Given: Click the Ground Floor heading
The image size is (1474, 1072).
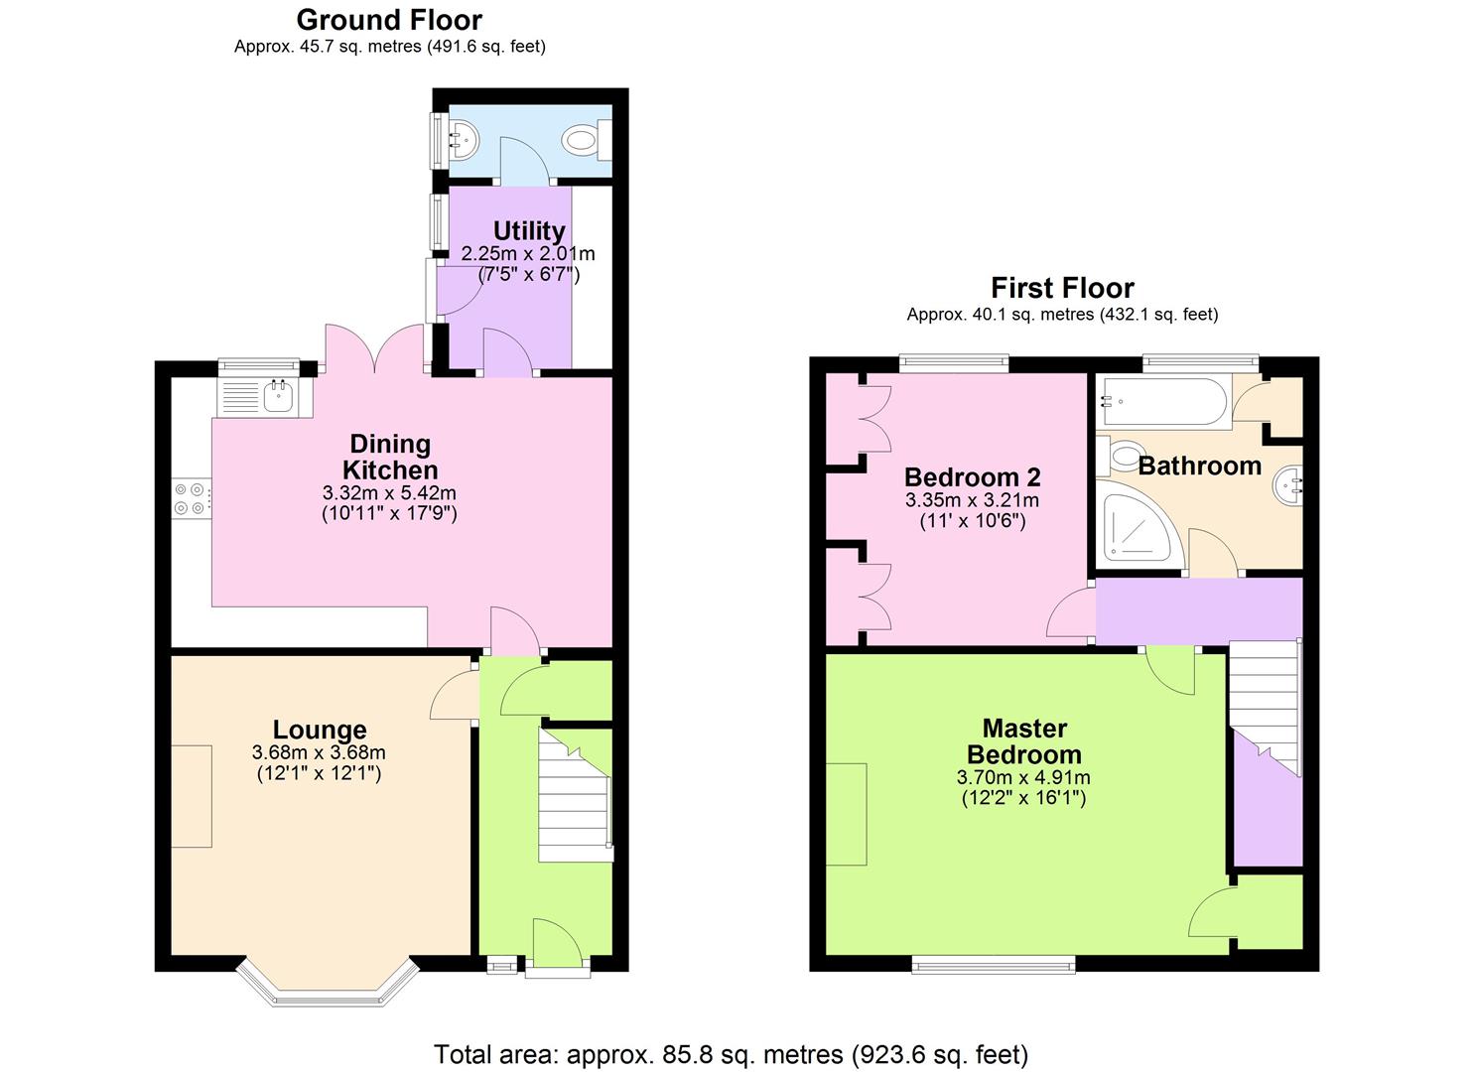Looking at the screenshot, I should tap(389, 20).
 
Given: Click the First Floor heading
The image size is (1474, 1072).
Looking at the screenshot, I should tap(1062, 288).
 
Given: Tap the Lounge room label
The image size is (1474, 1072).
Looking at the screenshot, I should tap(320, 731).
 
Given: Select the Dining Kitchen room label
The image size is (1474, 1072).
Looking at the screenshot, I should tap(389, 457).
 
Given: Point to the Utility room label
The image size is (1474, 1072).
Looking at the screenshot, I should tap(529, 230).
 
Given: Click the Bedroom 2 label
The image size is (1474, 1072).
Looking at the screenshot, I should tap(972, 477).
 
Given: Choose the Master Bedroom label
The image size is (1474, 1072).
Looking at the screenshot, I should tap(1024, 741).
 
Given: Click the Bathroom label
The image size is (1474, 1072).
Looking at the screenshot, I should tap(1199, 466).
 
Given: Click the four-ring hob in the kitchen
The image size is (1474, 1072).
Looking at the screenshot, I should tap(192, 498).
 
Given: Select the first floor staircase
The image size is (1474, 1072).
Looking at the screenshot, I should tap(1265, 705).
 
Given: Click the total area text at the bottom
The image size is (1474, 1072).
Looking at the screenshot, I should tap(731, 1053).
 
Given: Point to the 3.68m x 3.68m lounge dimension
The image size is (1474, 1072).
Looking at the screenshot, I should tap(319, 753).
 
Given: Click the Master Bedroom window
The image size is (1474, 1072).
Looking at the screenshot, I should tap(994, 963).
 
